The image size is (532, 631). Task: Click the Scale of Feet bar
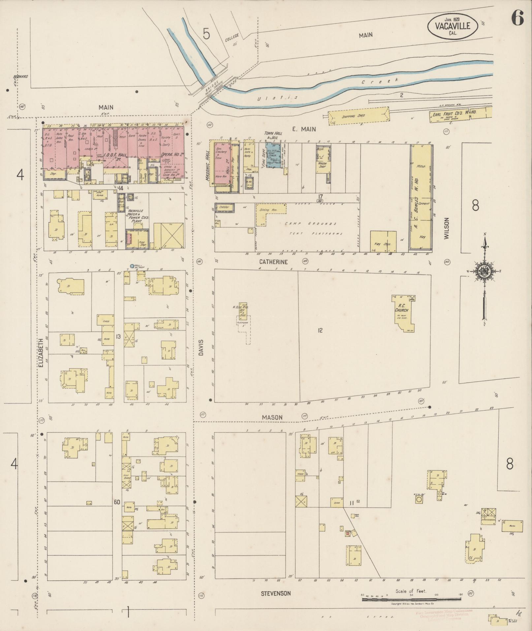click(411, 599)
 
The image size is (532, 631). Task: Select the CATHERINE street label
click(273, 262)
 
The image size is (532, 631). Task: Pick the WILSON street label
click(447, 228)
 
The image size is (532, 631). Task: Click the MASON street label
click(272, 417)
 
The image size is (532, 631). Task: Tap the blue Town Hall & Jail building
click(273, 155)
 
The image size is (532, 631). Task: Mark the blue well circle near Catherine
click(132, 266)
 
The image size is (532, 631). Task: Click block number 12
click(320, 330)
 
